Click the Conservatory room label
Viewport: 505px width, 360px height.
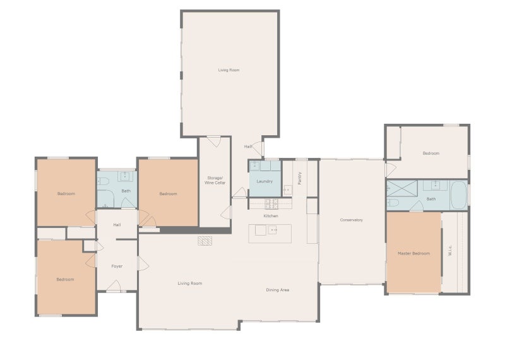click(351, 220)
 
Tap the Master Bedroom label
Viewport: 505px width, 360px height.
click(413, 254)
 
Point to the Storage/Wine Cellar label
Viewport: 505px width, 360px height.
click(215, 181)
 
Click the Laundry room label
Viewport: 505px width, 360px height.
click(264, 181)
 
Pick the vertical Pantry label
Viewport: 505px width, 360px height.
click(300, 178)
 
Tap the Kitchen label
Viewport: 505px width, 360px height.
click(271, 216)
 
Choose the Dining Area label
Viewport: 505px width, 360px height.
click(277, 290)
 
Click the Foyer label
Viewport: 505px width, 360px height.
click(117, 267)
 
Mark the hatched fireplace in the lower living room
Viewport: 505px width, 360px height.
click(205, 241)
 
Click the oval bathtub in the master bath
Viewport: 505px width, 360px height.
click(458, 195)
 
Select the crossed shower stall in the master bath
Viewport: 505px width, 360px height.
click(402, 189)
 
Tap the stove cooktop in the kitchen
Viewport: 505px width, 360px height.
click(271, 204)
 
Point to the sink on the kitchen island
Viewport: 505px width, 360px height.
click(273, 230)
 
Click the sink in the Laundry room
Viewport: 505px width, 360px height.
click(255, 165)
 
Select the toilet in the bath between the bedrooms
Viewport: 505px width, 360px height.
click(103, 181)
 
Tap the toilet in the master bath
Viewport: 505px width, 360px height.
click(393, 202)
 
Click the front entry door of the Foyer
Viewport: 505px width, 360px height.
click(114, 286)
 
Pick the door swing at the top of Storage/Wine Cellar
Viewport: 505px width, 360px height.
click(213, 142)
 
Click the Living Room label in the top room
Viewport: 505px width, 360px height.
click(229, 70)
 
